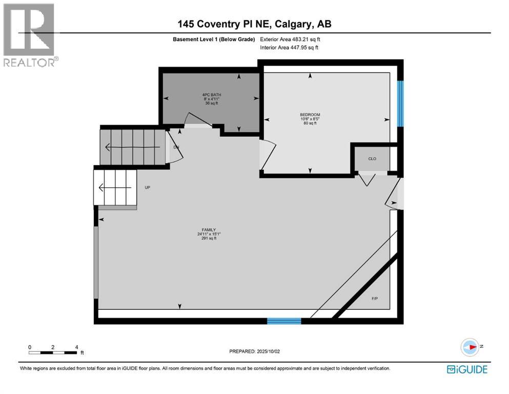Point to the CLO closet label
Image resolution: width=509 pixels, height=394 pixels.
372,159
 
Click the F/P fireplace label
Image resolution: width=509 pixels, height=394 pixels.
375,299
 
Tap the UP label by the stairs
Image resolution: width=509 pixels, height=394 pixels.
148,188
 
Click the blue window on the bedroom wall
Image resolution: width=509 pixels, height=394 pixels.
400,103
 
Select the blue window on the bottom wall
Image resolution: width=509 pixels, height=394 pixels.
283,321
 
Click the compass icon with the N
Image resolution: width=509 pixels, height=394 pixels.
469,346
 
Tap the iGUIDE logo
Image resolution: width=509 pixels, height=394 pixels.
467,369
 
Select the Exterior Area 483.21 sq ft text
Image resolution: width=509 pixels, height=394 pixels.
290,39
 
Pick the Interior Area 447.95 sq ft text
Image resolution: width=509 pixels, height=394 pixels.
289,48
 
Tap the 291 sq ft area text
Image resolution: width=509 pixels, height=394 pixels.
208,239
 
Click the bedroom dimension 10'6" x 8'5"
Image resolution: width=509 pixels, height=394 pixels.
310,119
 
